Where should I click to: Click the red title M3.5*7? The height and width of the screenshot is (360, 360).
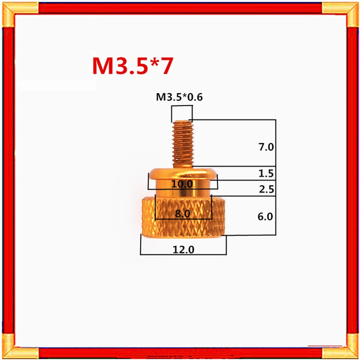point(132,66)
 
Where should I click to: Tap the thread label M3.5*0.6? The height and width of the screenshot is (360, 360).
point(179,97)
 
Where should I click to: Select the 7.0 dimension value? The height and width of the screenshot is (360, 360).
point(266,147)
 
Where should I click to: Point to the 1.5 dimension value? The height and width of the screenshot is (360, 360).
point(266,173)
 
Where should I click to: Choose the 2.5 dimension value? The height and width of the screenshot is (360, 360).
point(266,189)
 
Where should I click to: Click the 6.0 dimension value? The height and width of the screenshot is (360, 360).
point(265,216)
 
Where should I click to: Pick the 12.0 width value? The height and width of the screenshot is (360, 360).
point(183,250)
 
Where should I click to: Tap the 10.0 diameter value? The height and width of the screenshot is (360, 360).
point(182,184)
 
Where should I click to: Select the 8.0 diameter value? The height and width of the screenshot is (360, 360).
point(183,214)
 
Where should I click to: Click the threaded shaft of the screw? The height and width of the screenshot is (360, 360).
point(183,144)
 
